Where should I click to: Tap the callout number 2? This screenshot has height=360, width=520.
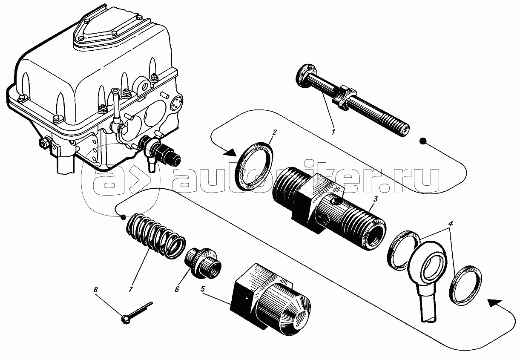[275, 132]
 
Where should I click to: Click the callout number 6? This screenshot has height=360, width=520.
[177, 289]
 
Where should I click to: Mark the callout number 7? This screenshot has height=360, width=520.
[131, 289]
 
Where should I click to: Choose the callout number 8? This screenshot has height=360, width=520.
[95, 290]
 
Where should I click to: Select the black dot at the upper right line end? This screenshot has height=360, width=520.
[423, 141]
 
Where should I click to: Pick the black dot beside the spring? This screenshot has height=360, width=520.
[123, 218]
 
